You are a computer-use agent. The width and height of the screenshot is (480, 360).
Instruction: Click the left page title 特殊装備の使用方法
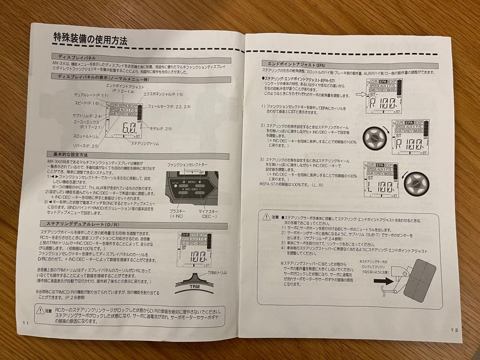pyautogui.click(x=90, y=39)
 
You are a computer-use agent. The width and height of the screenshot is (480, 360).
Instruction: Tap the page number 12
pyautogui.click(x=453, y=330)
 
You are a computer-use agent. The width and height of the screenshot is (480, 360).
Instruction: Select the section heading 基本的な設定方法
pyautogui.click(x=70, y=154)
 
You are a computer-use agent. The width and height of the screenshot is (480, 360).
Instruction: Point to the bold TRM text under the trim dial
pyautogui.click(x=192, y=287)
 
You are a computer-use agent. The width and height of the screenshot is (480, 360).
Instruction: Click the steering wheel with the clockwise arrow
pyautogui.click(x=372, y=138)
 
